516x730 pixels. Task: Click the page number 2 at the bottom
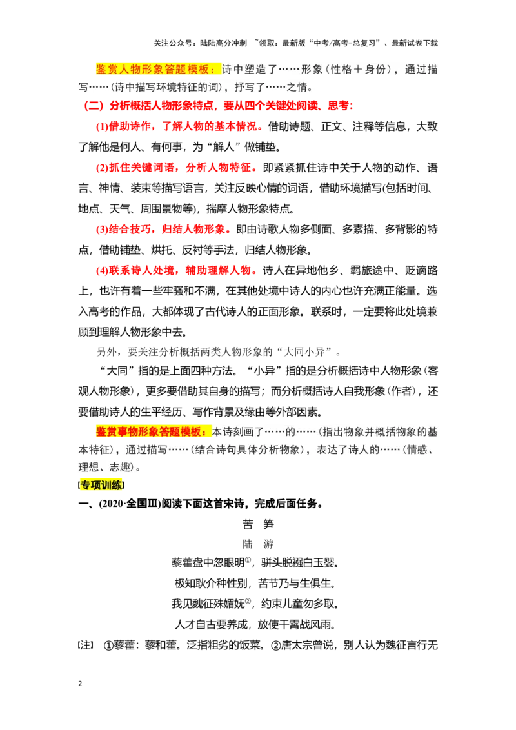point(80,684)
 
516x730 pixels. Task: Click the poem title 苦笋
point(258,524)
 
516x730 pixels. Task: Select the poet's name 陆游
point(258,544)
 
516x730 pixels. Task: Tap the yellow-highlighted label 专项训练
point(101,485)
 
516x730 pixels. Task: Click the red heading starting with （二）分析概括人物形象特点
point(218,106)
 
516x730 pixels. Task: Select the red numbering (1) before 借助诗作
point(102,126)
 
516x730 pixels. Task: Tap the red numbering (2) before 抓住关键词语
point(102,168)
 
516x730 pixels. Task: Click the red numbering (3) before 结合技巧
point(102,230)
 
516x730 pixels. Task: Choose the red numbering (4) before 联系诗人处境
point(102,270)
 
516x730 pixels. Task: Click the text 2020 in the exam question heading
point(112,504)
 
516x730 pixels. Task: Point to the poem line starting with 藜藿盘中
point(255,563)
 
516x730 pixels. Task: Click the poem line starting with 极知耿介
point(255,584)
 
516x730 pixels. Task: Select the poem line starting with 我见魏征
point(255,604)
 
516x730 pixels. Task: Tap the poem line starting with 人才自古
point(255,624)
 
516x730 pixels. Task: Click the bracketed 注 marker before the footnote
point(86,646)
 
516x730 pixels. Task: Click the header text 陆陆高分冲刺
point(224,43)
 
